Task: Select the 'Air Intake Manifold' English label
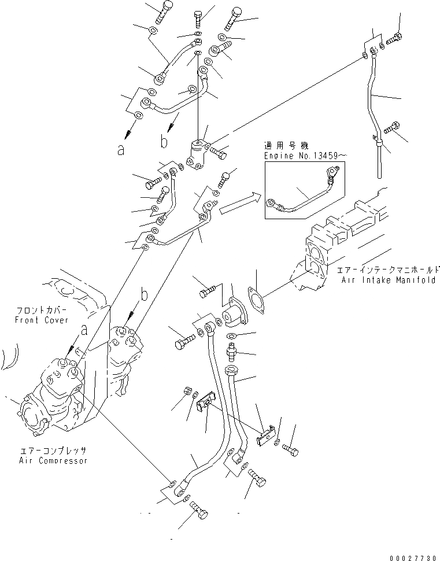(x=389, y=280)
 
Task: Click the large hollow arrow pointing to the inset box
(x=238, y=204)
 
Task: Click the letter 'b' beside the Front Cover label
(x=143, y=295)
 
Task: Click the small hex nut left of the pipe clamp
(x=188, y=392)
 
